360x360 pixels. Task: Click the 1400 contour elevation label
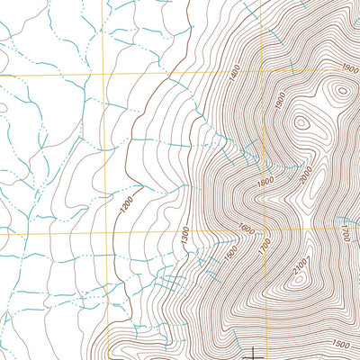coord(237,80)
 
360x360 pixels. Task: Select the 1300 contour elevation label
coord(184,238)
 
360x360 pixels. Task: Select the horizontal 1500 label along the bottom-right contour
coord(339,344)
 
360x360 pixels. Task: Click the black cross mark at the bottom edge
coord(256,353)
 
